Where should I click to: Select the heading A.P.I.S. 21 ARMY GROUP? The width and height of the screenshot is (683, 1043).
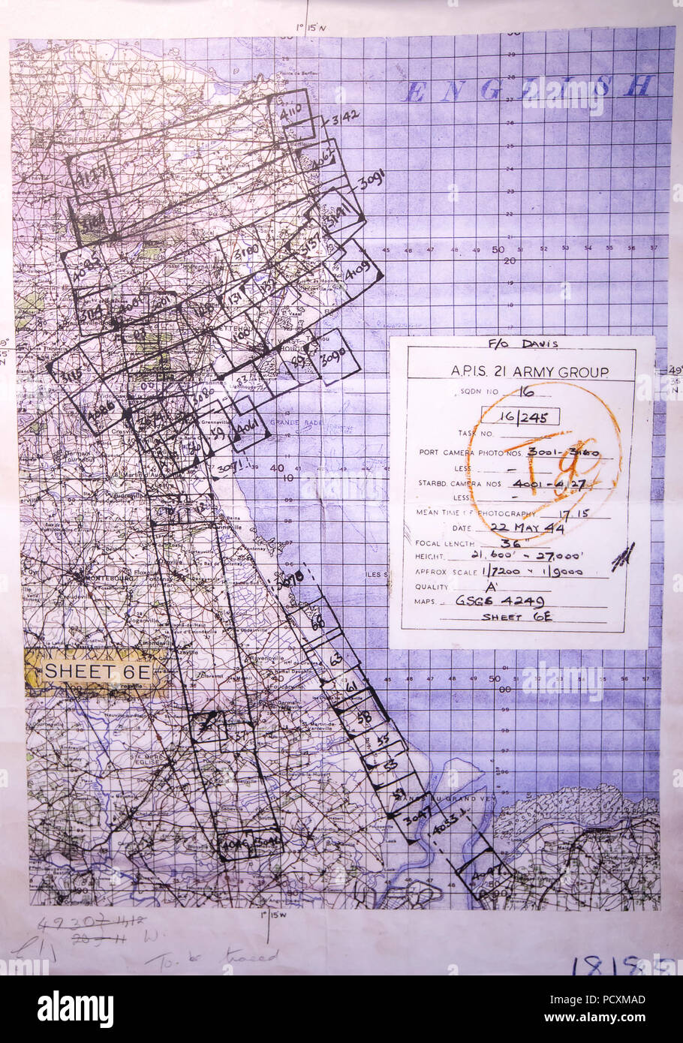(519, 372)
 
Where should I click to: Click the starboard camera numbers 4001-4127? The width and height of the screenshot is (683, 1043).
(563, 484)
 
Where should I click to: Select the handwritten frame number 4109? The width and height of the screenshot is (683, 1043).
(358, 272)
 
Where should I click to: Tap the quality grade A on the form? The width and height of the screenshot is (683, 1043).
(465, 586)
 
